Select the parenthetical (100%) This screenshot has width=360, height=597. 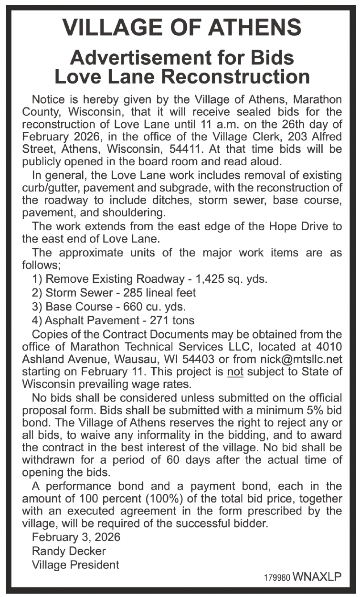pyautogui.click(x=168, y=499)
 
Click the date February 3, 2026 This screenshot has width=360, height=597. pyautogui.click(x=76, y=537)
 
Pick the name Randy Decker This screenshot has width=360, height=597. pyautogui.click(x=69, y=551)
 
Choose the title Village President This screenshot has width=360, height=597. pyautogui.click(x=75, y=565)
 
